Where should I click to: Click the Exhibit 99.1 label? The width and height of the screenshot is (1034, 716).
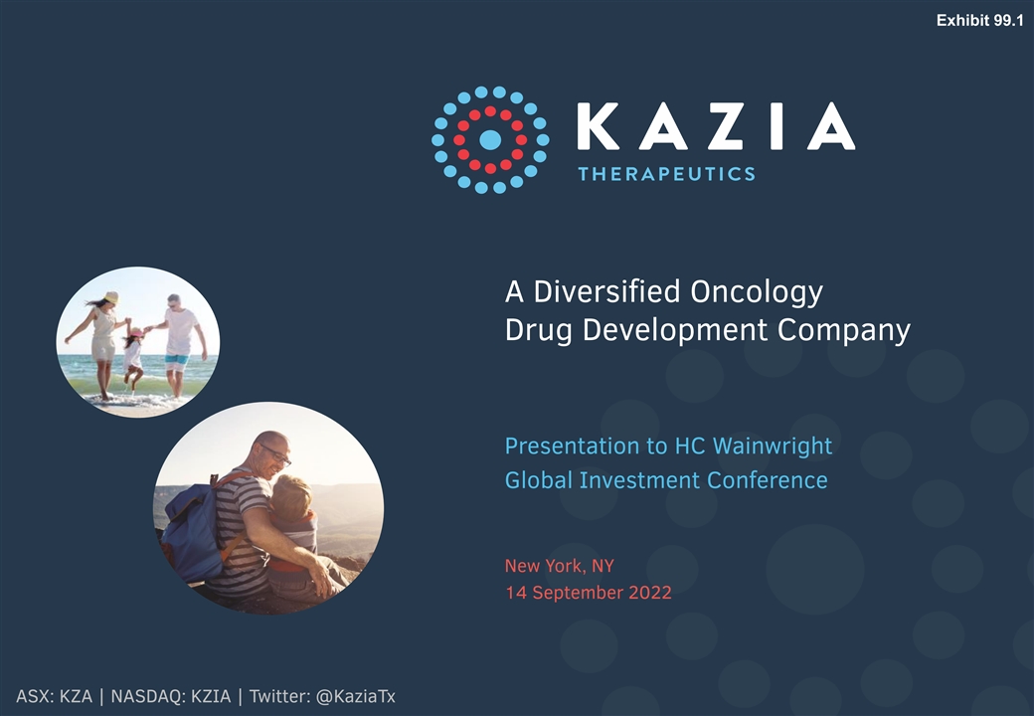coord(980,21)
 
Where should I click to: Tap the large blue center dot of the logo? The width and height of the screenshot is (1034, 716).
coord(490,140)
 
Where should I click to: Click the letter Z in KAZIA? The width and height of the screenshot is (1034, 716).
coord(725,125)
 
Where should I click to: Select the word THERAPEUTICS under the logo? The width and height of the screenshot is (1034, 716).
coord(667,174)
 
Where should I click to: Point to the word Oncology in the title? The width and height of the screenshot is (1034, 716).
coord(757,292)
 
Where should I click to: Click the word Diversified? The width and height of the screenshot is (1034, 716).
coord(606,290)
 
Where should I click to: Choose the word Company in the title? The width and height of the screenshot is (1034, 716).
coord(843,330)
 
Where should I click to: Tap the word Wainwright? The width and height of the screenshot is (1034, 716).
coord(773,447)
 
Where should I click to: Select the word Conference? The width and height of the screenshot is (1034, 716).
coord(767,480)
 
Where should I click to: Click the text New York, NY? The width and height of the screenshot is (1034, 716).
coord(559,566)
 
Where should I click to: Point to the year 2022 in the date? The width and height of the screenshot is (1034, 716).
coord(649,592)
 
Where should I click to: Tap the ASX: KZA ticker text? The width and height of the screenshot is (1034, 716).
coord(54,696)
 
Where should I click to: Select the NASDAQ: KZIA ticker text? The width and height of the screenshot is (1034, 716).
coord(171,696)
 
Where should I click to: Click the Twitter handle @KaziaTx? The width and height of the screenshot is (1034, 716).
coord(356,696)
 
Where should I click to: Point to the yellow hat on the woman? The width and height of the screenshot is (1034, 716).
coord(110,297)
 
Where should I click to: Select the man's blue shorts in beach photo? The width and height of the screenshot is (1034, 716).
coord(177,363)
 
